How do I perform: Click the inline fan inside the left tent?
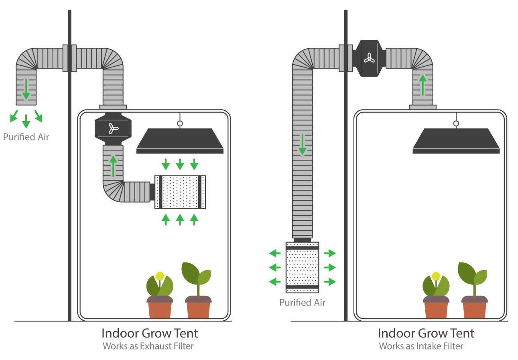(113, 128)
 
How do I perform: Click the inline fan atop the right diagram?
(369, 58)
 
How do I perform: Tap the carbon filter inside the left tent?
(180, 192)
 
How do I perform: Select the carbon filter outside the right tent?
(302, 267)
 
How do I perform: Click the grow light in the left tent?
(180, 141)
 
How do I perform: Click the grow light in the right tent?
(456, 141)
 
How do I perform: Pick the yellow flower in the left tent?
(160, 276)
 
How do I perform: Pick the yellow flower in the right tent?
(436, 276)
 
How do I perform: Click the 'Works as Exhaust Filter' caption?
(148, 346)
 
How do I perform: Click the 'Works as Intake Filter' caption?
(421, 346)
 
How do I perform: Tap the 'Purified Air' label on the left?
(26, 137)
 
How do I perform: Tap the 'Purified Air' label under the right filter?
(302, 302)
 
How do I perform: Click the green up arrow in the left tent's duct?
(113, 166)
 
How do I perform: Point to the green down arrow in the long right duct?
(302, 144)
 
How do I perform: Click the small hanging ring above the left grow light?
(180, 123)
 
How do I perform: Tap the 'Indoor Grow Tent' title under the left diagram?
(150, 333)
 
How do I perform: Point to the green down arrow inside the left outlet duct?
(26, 89)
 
